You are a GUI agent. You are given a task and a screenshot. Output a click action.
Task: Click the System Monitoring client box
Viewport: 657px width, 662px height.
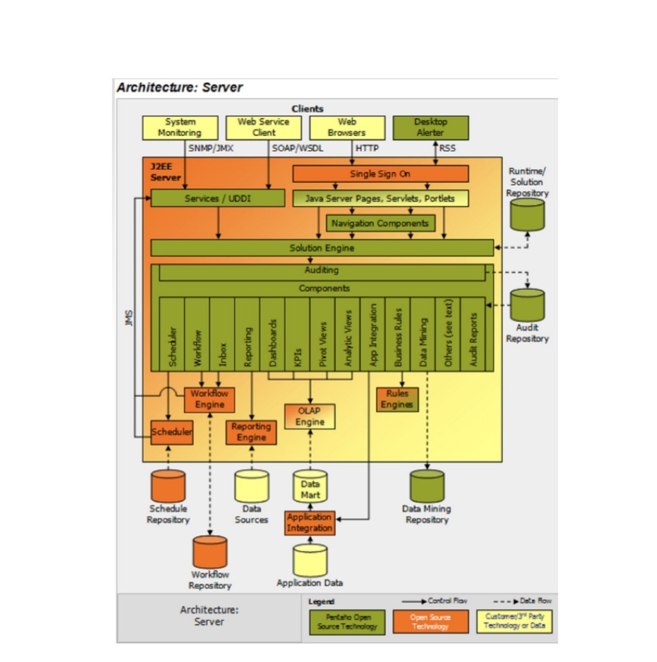(180, 128)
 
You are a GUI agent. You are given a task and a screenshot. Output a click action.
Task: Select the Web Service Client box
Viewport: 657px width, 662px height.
(263, 128)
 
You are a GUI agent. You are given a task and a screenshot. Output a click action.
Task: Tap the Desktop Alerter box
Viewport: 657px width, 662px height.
(430, 128)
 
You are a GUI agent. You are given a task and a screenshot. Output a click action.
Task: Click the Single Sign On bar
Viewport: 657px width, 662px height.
(380, 174)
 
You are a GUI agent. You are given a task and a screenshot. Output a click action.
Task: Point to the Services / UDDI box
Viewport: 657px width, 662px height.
(218, 198)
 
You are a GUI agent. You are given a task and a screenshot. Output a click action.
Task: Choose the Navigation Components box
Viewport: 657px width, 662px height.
(380, 223)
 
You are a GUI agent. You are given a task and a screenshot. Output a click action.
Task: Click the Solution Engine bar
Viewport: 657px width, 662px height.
(321, 248)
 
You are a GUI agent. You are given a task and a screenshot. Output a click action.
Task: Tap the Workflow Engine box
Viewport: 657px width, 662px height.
(209, 399)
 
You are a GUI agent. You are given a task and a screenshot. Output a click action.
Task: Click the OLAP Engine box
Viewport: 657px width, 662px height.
(309, 416)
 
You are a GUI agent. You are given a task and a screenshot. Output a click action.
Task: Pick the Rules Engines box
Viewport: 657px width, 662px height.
(397, 399)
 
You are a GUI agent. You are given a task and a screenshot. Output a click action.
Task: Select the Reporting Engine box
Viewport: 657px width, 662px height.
(251, 432)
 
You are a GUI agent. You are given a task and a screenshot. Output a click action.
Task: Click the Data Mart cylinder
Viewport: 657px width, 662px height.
(310, 488)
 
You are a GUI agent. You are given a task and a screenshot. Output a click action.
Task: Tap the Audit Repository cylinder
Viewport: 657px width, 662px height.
(527, 305)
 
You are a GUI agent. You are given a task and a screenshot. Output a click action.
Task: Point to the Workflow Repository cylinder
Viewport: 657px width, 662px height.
(210, 552)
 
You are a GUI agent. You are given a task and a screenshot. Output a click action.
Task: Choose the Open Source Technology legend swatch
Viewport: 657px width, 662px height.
(431, 622)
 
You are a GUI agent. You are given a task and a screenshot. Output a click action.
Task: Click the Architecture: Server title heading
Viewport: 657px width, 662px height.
(180, 88)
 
